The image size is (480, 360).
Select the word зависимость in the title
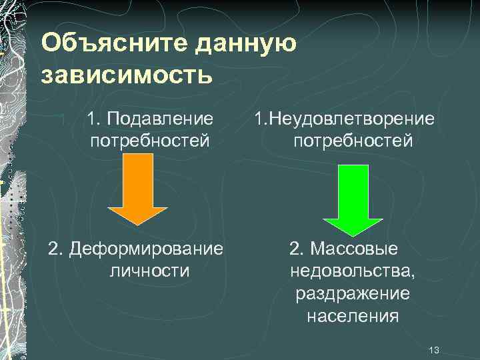tap(127, 75)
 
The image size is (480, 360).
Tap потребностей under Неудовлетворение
tap(353, 141)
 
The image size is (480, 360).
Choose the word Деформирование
tap(145, 249)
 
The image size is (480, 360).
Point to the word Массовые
tap(353, 249)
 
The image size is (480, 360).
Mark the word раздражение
tap(353, 293)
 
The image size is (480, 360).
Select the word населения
tap(353, 316)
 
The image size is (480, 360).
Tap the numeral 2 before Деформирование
tap(54, 249)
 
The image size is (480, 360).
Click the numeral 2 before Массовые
tap(295, 249)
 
